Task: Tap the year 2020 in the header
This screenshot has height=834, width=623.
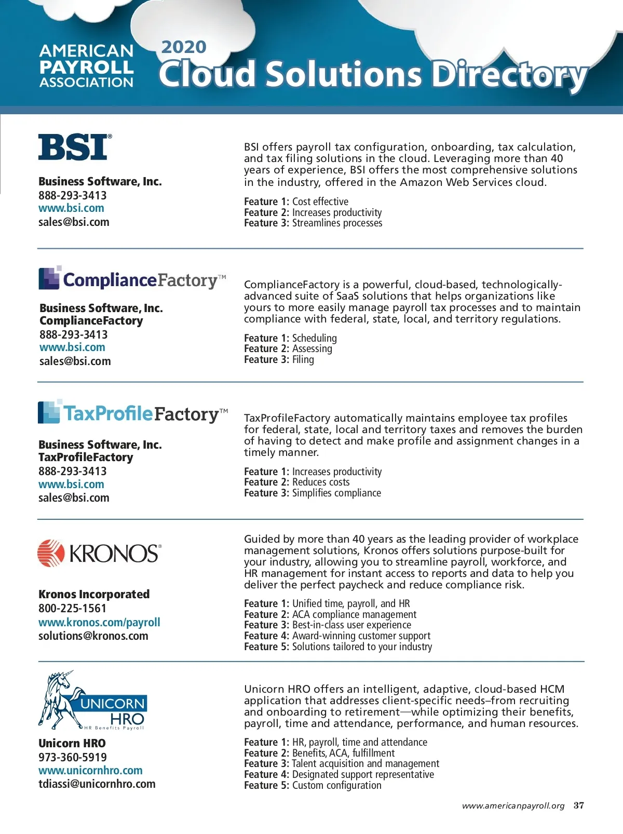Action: (183, 47)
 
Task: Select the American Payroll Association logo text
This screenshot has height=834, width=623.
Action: (86, 66)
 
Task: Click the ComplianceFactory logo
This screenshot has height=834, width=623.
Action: (132, 279)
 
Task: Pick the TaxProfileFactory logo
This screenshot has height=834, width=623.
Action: (133, 413)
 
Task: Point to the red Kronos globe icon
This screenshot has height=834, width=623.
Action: (51, 553)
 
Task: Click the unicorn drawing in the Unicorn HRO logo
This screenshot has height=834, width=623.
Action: (60, 698)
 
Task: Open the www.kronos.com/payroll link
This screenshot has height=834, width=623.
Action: (99, 622)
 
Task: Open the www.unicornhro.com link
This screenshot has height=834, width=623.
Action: (90, 770)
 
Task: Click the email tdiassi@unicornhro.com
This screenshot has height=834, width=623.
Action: (97, 784)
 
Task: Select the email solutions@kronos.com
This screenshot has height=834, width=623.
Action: (93, 636)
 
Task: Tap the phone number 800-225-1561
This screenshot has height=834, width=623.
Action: (72, 608)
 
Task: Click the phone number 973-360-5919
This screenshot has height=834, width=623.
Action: (72, 757)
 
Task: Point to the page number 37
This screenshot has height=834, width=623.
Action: (578, 805)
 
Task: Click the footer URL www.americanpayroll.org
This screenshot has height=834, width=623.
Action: (513, 806)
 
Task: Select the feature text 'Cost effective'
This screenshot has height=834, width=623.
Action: (320, 201)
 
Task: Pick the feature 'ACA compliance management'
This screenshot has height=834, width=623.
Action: (354, 614)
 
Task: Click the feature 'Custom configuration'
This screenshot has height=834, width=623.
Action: (336, 785)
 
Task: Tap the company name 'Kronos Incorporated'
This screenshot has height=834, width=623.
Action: (94, 594)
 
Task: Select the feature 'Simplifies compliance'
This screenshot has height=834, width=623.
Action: (336, 493)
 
